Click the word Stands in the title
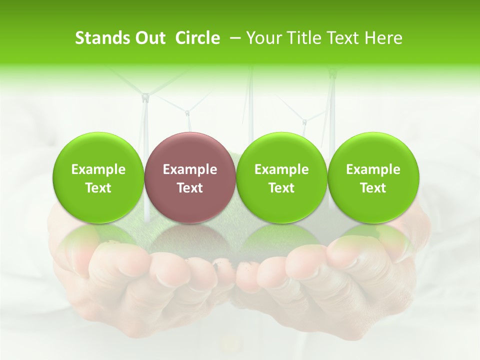pos(102,38)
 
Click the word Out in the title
pos(150,38)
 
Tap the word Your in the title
pos(263,38)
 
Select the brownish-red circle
pos(190,178)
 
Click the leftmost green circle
pos(98,178)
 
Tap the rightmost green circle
pos(373,178)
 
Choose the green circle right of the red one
pos(281,178)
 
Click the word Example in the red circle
pos(190,169)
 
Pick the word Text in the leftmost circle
pos(98,188)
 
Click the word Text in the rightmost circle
pos(373,188)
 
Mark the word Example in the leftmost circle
pos(98,169)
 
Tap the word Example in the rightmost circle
pos(373,169)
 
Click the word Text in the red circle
pos(190,188)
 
